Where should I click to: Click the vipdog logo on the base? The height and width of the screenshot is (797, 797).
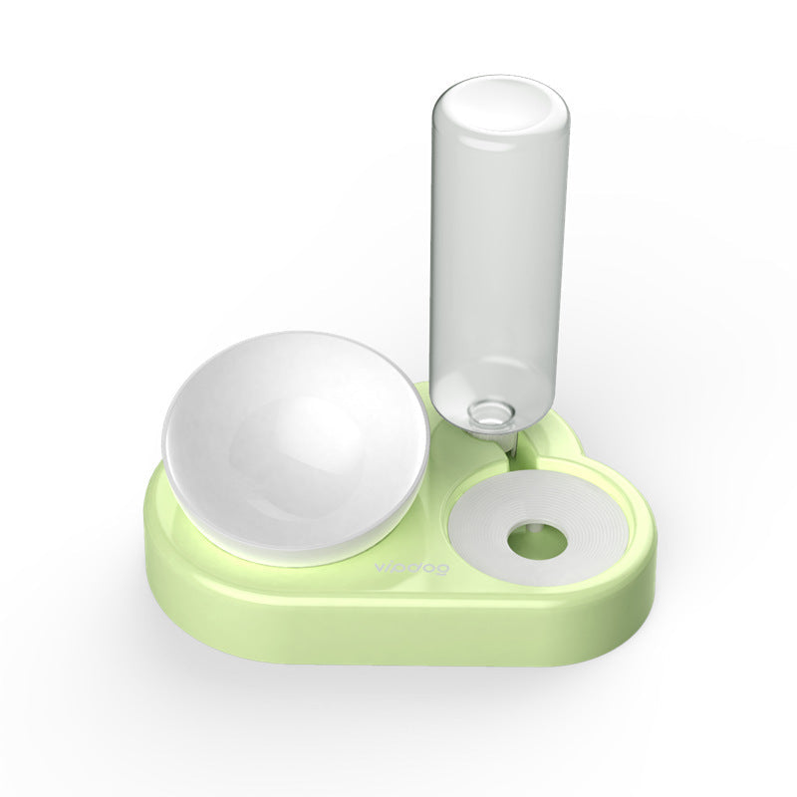tap(411, 568)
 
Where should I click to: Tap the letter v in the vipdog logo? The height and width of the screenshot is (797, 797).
tap(381, 568)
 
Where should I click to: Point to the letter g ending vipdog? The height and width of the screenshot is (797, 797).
tap(441, 569)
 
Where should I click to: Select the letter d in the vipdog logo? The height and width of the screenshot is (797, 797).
tap(416, 567)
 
